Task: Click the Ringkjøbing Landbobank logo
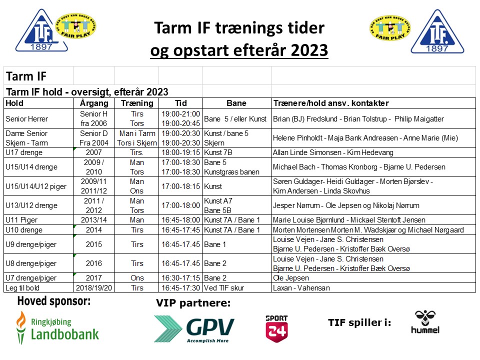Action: pos(57,327)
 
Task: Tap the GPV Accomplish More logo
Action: pos(194,329)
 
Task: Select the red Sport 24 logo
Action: pos(276,328)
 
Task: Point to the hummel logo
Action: pos(425,322)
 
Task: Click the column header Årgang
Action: pos(94,103)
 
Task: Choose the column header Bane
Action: pos(236,103)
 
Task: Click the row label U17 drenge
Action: pos(24,152)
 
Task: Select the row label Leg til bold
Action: pos(22,288)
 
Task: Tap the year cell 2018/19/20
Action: pos(94,288)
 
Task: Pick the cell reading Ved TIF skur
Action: pos(224,288)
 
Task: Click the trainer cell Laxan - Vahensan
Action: pos(301,288)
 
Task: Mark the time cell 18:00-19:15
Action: pos(180,152)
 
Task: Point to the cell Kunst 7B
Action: pos(218,152)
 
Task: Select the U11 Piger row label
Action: pos(21,220)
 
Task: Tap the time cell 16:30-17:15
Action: pos(180,278)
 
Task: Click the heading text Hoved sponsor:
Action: pos(54,301)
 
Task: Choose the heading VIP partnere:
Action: pos(193,303)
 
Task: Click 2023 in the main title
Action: pos(309,50)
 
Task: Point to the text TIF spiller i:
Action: pos(359,322)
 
